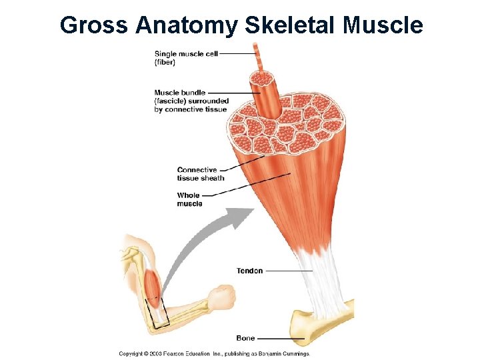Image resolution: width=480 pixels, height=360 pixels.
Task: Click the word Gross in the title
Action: click(x=94, y=25)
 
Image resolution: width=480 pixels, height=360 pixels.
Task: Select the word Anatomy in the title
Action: click(x=187, y=25)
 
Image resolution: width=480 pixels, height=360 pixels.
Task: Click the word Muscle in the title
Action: click(x=384, y=25)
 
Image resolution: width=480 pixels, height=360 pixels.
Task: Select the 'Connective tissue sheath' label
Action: click(x=200, y=174)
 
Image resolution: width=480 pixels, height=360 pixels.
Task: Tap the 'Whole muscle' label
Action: click(x=189, y=199)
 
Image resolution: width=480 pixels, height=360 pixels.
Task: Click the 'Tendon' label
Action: click(x=249, y=271)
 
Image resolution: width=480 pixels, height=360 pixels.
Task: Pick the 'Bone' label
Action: click(x=245, y=339)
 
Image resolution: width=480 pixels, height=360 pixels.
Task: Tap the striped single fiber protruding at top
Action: click(x=257, y=56)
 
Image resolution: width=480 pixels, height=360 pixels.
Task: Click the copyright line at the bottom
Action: click(x=214, y=353)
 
